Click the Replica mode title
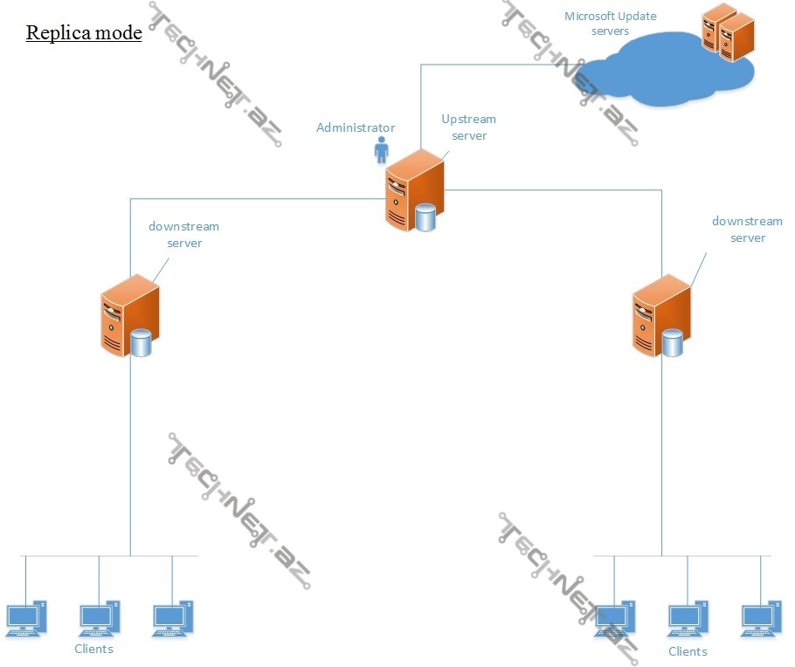tap(84, 33)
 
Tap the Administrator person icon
tap(381, 150)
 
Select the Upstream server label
tap(468, 127)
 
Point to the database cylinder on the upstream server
tap(425, 217)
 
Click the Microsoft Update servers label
tap(610, 24)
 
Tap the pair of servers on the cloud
tap(728, 32)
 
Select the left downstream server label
tap(183, 235)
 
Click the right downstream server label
tap(747, 230)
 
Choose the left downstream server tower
tap(128, 314)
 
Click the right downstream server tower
tap(660, 314)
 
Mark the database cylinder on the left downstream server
tap(141, 343)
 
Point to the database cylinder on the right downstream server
tap(672, 342)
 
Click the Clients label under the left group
tap(93, 649)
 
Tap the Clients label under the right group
tap(688, 651)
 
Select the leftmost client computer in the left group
tap(25, 619)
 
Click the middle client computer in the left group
tap(99, 619)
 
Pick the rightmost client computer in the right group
tap(761, 619)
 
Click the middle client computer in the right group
tap(688, 619)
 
